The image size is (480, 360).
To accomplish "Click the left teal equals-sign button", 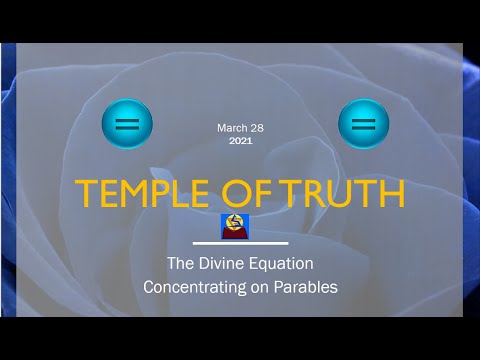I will click(127, 125).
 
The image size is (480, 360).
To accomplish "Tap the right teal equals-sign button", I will click(363, 125).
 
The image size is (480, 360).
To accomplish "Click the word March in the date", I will click(231, 128).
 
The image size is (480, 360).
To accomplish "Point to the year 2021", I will click(241, 141).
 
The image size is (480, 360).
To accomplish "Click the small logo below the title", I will click(233, 226).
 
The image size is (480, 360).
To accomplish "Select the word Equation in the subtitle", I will click(282, 265).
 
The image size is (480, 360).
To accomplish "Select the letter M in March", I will click(220, 128).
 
